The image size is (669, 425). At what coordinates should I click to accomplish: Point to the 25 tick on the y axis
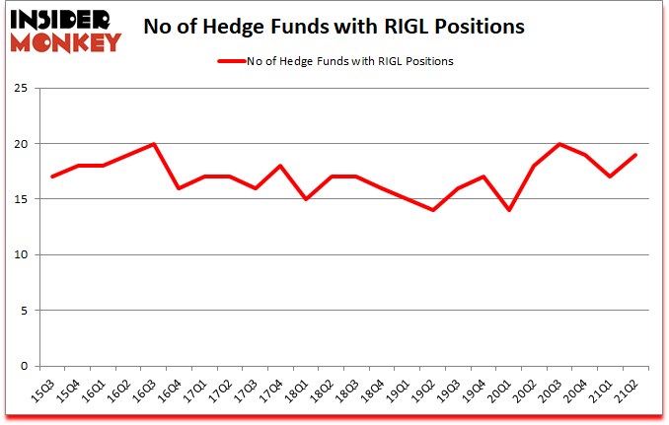tap(19, 89)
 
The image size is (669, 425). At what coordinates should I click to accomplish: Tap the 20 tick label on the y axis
tap(19, 144)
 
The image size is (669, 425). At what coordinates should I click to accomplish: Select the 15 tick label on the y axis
tap(19, 200)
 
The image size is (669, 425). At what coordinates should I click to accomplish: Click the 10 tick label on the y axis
tap(19, 255)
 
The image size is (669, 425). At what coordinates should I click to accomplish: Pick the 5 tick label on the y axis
tap(23, 311)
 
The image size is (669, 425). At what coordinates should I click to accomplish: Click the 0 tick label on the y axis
tap(23, 367)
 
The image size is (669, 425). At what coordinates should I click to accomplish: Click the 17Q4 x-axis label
tap(274, 390)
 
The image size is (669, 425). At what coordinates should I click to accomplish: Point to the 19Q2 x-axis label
tap(426, 390)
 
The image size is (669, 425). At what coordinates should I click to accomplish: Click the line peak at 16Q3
tap(154, 144)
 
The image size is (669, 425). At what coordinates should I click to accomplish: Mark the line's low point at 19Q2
tap(433, 210)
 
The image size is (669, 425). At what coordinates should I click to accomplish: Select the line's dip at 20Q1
tap(509, 210)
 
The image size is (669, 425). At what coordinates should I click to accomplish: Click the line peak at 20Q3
tap(559, 144)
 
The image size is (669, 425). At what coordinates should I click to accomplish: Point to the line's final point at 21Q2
tap(635, 155)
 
